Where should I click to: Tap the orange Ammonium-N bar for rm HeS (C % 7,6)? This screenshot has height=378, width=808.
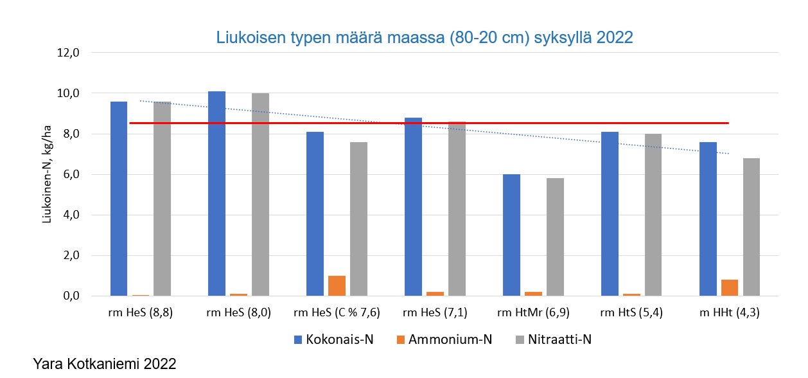click(337, 286)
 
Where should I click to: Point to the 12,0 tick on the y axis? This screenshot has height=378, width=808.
click(67, 53)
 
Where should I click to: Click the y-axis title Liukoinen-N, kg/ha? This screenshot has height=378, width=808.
click(47, 174)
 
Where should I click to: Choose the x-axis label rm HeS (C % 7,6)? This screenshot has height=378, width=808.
click(337, 313)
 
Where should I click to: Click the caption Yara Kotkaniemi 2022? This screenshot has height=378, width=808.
click(104, 364)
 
